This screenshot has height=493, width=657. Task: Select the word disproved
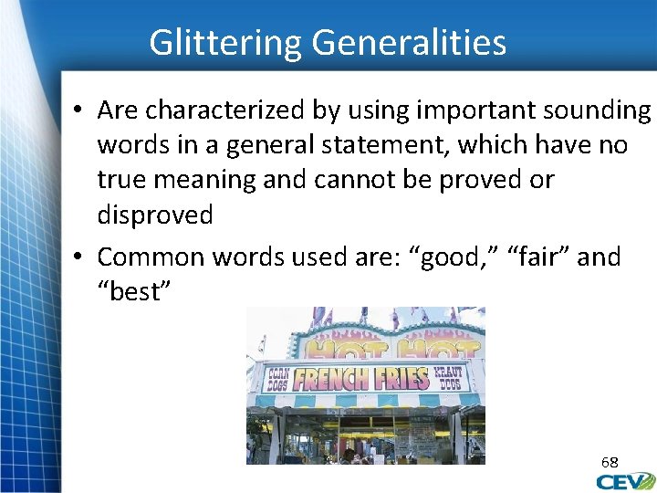(x=155, y=215)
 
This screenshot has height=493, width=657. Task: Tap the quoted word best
(x=137, y=291)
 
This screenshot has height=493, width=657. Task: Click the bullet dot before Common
(x=79, y=257)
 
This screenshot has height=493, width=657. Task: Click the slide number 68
(x=609, y=462)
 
